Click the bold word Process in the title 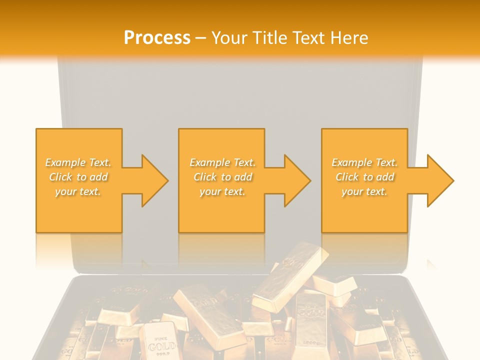[x=157, y=37]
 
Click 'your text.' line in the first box [x=78, y=191]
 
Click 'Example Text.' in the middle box [x=222, y=162]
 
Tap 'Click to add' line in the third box [x=365, y=177]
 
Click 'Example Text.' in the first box [x=78, y=162]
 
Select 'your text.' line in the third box [x=364, y=191]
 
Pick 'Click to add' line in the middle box [x=222, y=177]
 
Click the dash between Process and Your [x=201, y=37]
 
